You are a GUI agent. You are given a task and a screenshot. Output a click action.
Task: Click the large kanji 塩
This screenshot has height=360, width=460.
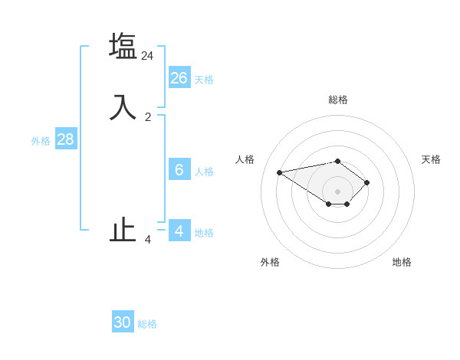click(123, 46)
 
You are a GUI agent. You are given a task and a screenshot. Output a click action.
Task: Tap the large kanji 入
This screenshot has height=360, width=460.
click(123, 106)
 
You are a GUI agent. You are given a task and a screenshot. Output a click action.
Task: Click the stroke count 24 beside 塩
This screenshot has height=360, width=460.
click(148, 56)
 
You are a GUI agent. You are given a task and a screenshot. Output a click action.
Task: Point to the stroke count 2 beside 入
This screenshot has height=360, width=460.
click(148, 117)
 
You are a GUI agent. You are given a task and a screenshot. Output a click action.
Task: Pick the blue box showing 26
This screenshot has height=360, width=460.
click(179, 78)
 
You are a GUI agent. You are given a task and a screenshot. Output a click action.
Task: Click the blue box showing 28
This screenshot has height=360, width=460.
click(65, 139)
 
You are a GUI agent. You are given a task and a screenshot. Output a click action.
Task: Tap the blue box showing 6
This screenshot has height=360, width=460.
click(179, 170)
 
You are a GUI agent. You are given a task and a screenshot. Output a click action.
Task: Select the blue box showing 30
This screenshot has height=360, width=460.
click(123, 322)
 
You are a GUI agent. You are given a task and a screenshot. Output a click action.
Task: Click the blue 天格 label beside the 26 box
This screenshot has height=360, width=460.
click(204, 80)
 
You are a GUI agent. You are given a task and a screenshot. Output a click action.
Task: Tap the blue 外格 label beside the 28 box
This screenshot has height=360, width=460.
click(41, 141)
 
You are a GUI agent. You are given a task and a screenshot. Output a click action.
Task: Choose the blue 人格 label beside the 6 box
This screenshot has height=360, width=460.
click(204, 172)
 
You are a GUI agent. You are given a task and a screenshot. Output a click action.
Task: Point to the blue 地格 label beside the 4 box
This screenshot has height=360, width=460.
click(204, 233)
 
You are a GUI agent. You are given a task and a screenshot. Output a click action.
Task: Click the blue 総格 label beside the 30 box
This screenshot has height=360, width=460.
click(147, 324)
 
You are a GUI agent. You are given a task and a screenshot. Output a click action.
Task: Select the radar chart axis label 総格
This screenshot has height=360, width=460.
click(338, 100)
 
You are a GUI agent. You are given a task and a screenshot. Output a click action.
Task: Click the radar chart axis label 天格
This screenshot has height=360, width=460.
click(431, 159)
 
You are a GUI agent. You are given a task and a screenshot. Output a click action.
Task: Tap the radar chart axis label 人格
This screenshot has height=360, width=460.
click(245, 159)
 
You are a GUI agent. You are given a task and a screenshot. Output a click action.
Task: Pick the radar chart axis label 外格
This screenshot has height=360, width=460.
click(270, 262)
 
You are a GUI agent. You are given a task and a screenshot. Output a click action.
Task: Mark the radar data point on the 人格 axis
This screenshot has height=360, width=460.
click(280, 172)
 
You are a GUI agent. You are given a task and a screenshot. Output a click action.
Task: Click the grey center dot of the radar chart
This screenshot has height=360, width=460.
click(338, 191)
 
